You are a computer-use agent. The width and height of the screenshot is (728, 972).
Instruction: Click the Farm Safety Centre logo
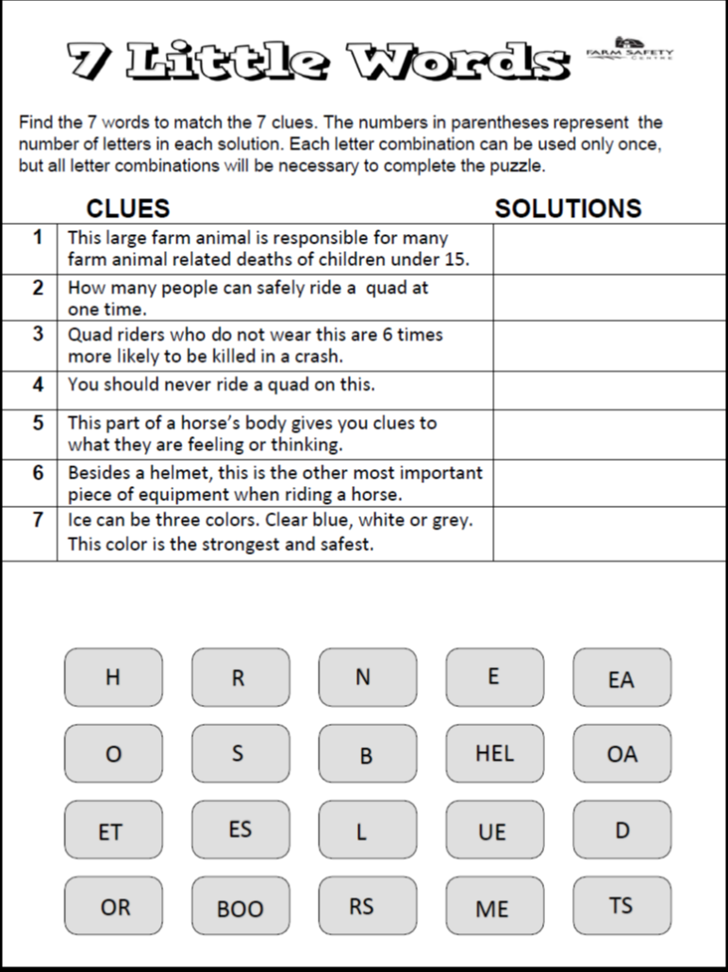[630, 49]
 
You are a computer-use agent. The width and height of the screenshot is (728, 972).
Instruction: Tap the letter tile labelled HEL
[494, 754]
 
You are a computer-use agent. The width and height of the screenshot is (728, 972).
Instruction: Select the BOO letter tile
[240, 908]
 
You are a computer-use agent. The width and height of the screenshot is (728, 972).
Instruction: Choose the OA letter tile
[621, 754]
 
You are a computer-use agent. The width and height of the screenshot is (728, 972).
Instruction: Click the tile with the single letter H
[113, 677]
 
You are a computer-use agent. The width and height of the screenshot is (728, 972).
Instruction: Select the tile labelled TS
[621, 906]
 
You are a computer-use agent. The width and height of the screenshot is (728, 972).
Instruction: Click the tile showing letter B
[367, 754]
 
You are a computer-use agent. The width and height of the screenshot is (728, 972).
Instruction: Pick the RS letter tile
[367, 906]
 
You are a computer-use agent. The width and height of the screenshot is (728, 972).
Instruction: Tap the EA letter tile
[621, 678]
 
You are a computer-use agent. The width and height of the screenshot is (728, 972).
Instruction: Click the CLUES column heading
[128, 209]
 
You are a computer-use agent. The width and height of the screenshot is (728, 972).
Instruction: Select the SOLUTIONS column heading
[568, 209]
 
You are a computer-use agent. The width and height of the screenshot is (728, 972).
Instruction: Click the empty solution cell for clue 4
[608, 390]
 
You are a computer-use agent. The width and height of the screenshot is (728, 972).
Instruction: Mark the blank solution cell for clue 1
[608, 248]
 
